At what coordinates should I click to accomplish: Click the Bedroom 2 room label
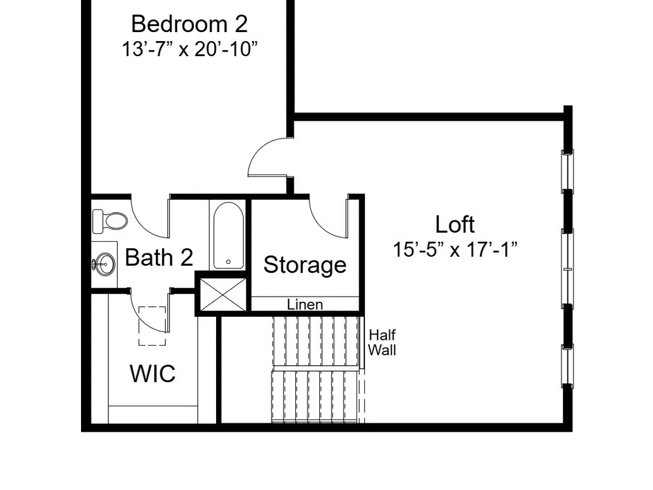[189, 24]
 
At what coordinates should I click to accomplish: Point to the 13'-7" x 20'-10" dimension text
[189, 49]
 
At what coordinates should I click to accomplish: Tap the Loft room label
[454, 224]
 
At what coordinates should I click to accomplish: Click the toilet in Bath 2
[110, 221]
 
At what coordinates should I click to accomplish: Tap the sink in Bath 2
[104, 264]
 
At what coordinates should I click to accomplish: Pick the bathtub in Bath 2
[229, 235]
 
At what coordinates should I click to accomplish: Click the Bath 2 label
[159, 257]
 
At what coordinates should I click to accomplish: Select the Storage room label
[305, 265]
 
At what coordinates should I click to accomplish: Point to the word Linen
[305, 304]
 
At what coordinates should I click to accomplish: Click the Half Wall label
[382, 342]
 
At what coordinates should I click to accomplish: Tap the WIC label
[152, 373]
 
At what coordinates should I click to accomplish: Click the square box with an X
[223, 294]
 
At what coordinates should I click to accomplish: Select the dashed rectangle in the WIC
[152, 326]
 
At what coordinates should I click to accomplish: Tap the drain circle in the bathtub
[228, 262]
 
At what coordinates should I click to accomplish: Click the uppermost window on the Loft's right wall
[567, 171]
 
